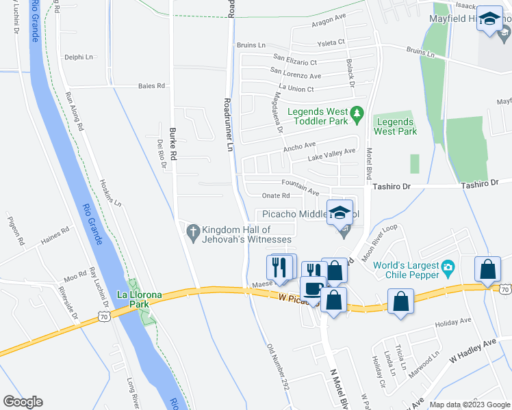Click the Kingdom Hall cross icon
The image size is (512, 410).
(194, 234)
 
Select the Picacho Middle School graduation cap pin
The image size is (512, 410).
(340, 213)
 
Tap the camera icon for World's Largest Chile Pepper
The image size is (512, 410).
(448, 265)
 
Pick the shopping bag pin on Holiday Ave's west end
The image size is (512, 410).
(401, 301)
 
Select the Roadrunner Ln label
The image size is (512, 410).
(229, 124)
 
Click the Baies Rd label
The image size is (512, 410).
(152, 86)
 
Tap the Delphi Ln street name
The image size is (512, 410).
(77, 57)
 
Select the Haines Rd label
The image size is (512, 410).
(55, 234)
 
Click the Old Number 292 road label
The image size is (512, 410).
(277, 366)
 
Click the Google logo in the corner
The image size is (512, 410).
(23, 402)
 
